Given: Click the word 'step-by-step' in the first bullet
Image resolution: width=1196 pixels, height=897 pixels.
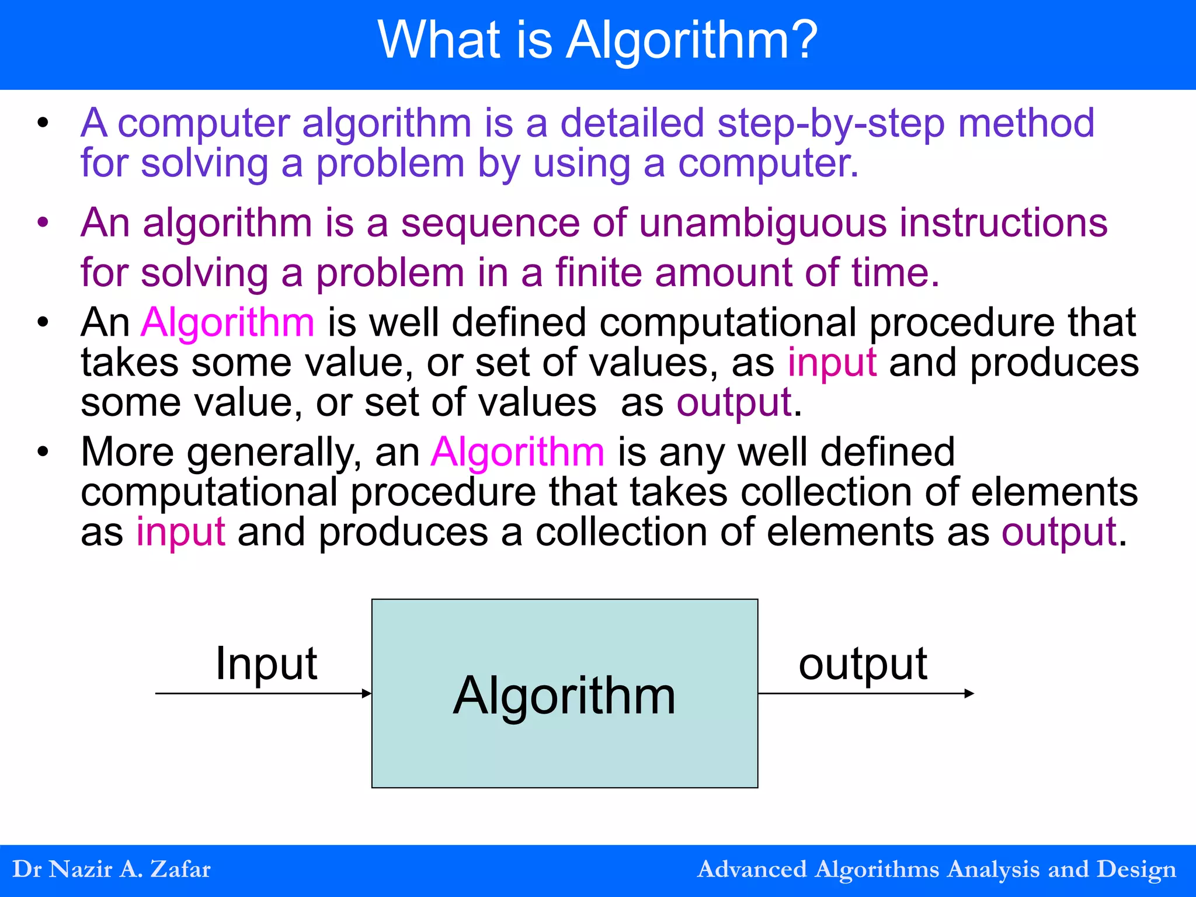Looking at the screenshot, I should pyautogui.click(x=830, y=123).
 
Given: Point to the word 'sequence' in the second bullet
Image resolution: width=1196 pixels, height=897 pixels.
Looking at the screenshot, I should pyautogui.click(x=490, y=223).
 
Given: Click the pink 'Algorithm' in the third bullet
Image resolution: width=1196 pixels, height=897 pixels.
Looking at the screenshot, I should pyautogui.click(x=228, y=322).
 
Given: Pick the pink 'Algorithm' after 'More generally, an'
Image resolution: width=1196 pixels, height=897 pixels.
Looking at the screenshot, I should pyautogui.click(x=517, y=452).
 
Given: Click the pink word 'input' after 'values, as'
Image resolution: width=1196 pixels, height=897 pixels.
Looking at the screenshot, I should pyautogui.click(x=832, y=363).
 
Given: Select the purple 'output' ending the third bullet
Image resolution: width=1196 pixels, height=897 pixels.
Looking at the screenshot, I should pyautogui.click(x=733, y=402).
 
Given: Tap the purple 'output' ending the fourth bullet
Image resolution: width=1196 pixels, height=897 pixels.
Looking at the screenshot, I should pyautogui.click(x=1059, y=532).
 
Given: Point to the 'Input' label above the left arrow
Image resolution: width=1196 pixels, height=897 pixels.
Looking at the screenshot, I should pyautogui.click(x=266, y=663).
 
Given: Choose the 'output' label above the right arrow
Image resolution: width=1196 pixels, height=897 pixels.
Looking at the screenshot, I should pyautogui.click(x=863, y=663).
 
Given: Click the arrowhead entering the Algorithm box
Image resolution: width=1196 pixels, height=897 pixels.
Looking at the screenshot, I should pyautogui.click(x=367, y=694).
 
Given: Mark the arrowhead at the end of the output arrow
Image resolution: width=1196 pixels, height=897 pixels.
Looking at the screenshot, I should pyautogui.click(x=969, y=694).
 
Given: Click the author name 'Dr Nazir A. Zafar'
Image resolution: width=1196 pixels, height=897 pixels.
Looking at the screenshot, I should pyautogui.click(x=112, y=870).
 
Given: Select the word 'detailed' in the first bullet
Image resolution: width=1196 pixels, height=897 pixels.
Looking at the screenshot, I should pyautogui.click(x=632, y=123).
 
